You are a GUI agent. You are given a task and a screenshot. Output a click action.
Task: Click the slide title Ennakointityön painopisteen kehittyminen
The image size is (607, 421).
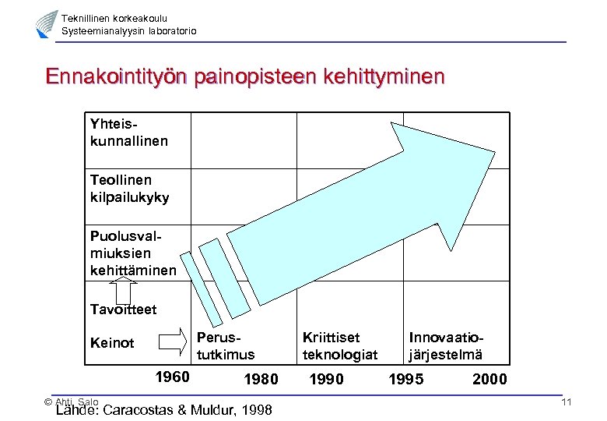245,77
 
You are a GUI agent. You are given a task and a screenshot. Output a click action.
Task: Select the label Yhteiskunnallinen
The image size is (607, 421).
128,133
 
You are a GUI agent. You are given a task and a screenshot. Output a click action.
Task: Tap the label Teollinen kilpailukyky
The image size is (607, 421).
129,189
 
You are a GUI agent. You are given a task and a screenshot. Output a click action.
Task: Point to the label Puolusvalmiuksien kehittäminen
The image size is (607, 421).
132,253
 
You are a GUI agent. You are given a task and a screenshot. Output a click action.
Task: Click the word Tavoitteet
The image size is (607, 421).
123,310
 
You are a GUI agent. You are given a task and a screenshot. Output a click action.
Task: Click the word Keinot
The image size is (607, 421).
112,343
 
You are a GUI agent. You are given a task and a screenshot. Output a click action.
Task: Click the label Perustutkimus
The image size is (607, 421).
226,346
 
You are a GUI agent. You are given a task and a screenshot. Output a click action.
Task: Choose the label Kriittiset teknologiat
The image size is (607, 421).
339,346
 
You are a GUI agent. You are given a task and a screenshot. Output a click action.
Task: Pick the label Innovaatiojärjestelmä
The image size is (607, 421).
446,346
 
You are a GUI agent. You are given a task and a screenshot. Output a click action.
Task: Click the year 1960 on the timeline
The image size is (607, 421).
172,377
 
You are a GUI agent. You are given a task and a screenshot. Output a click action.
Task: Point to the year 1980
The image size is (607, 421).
261,380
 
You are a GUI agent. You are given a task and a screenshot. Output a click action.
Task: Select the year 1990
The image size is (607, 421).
327,380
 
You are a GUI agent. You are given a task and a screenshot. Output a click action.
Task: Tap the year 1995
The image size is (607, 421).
407,380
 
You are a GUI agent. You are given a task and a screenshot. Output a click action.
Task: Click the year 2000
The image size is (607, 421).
489,380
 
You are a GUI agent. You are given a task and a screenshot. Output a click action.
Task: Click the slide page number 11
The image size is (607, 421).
566,402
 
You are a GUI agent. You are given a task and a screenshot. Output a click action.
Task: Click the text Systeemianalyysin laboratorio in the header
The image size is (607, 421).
129,30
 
